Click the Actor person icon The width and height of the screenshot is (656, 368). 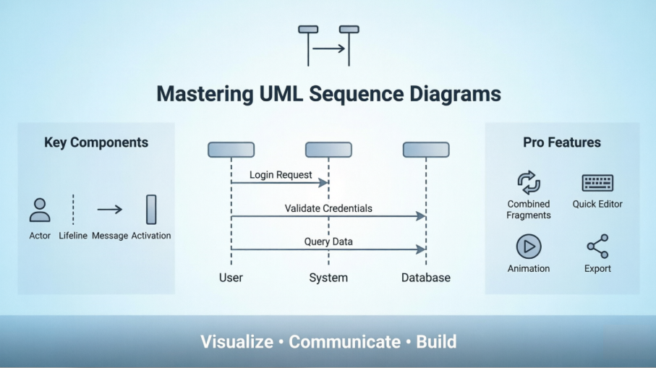pos(40,210)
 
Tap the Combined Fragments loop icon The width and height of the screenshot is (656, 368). pos(529,183)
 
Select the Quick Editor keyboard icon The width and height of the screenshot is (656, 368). pos(597,183)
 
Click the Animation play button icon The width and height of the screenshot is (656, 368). pos(529,247)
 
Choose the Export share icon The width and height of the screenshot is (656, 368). pos(597,247)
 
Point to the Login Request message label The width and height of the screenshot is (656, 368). pos(281,175)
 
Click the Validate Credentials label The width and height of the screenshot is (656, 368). pos(328,208)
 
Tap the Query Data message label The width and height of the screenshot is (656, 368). pos(328,241)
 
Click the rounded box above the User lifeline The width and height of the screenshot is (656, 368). pos(231,150)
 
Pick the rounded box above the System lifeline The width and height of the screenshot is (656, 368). pos(328,150)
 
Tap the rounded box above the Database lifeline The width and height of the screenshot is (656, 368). pos(426,150)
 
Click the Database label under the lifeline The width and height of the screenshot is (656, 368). pos(426,278)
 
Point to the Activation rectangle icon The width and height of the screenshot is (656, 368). pos(151,210)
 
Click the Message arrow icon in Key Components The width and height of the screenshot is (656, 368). pos(110,210)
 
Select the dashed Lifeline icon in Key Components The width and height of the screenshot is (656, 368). pos(73,210)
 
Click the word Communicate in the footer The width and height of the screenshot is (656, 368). pos(344,342)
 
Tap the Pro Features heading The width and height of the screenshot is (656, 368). pos(562,142)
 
